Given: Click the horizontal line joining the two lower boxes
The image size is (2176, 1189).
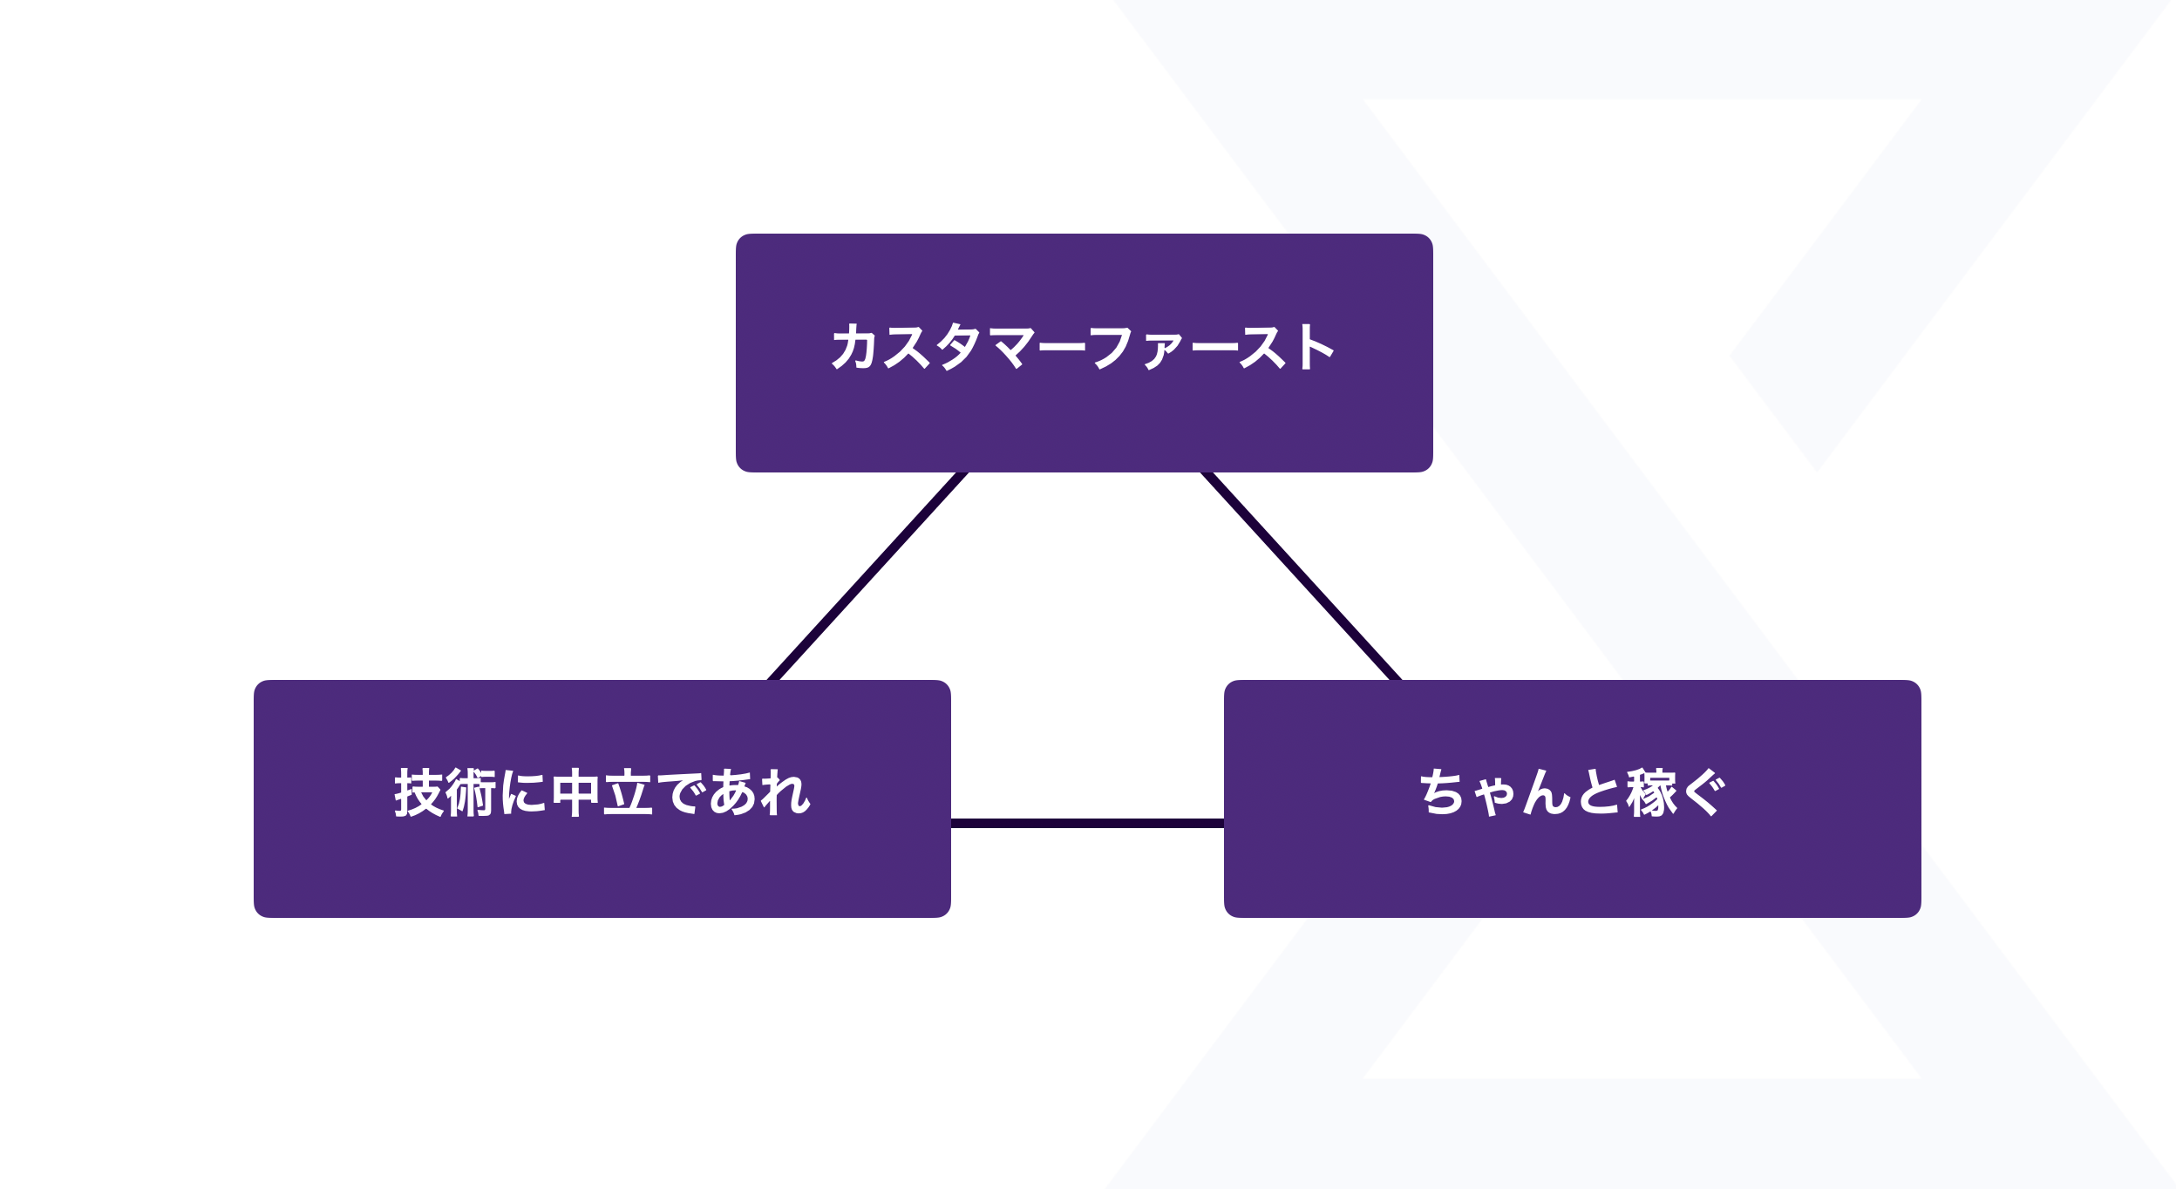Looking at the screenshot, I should click(1086, 823).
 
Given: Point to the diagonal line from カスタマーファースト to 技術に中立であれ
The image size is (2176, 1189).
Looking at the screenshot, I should click(867, 577).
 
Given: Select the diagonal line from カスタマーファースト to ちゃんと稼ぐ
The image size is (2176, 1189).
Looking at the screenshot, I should click(1301, 577).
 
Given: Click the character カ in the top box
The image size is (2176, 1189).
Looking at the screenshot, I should click(853, 346).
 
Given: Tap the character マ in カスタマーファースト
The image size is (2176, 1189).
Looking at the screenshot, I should click(1011, 348).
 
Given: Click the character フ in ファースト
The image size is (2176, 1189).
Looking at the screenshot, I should click(1110, 348).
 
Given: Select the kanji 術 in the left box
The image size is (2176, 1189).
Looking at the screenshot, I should click(471, 792).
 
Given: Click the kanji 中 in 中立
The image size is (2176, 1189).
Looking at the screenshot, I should click(575, 792).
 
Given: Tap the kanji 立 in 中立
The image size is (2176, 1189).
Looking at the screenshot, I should click(628, 792).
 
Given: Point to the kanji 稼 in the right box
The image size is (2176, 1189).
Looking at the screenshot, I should click(1651, 792).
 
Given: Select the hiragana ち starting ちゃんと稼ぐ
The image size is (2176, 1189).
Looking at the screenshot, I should click(1441, 792).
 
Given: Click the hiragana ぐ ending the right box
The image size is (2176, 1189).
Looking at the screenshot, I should click(1703, 792).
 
